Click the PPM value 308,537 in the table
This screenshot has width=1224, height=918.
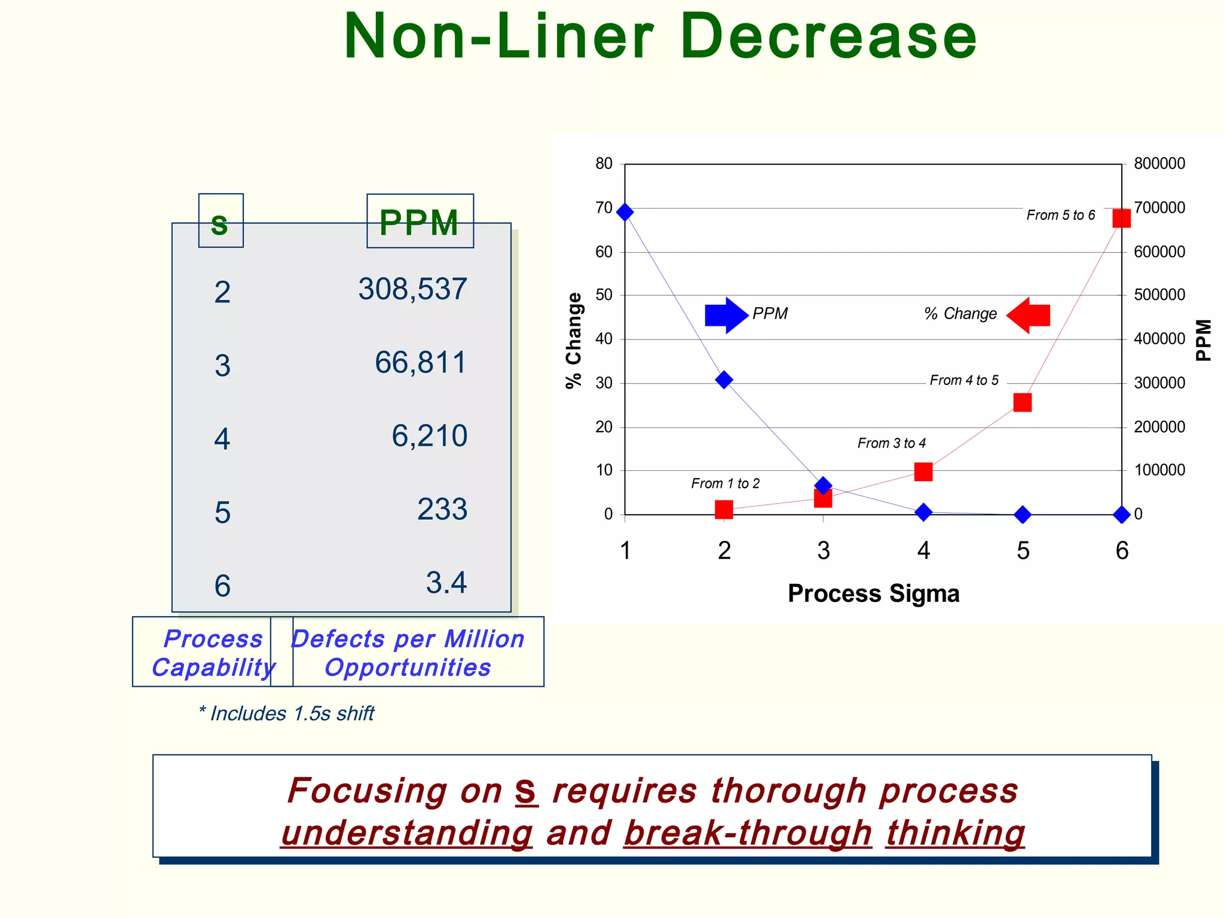coord(412,290)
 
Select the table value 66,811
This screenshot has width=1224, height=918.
coord(420,363)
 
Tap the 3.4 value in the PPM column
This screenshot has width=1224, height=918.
coord(446,583)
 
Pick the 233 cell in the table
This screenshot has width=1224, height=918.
coord(442,510)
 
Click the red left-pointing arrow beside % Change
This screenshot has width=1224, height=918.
coord(1029,315)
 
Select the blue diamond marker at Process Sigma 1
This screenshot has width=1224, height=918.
coord(625,212)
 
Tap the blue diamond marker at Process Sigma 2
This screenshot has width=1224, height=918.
coord(724,380)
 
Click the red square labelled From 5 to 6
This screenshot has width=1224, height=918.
coord(1121,218)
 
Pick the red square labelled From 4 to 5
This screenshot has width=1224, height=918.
coord(1022,403)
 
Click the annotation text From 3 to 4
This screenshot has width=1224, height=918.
coord(891,443)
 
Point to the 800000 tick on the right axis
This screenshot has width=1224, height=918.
coord(1159,164)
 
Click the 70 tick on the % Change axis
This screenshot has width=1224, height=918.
coord(604,208)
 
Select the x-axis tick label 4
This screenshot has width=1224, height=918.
coord(923,550)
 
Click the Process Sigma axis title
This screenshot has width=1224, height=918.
coord(873,594)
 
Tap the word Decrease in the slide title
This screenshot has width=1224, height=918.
coord(828,37)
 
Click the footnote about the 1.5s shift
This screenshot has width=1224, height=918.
coord(286,714)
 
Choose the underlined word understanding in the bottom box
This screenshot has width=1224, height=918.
coord(406,833)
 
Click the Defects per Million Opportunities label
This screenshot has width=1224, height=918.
coord(408,653)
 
